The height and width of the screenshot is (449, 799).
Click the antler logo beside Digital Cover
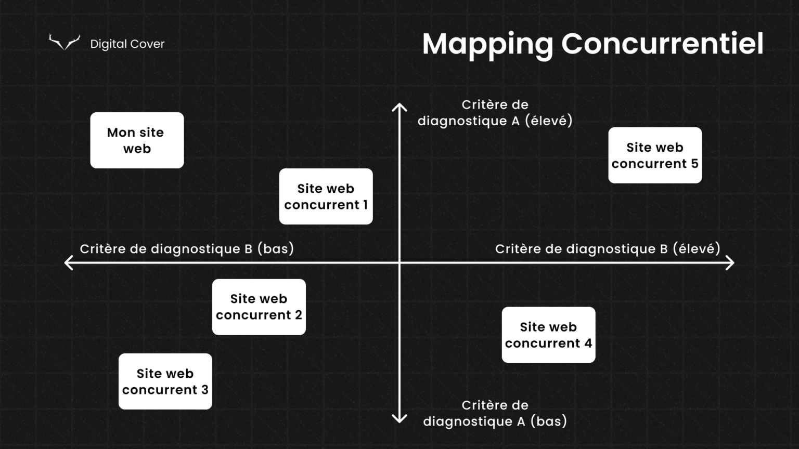click(65, 43)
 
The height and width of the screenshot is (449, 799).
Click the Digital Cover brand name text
click(127, 44)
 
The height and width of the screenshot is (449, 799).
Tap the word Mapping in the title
click(487, 44)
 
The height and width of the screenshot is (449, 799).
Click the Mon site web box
click(137, 140)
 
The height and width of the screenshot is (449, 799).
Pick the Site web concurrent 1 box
click(326, 196)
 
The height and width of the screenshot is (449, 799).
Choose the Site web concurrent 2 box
click(259, 307)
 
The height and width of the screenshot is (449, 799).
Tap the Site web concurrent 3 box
click(165, 381)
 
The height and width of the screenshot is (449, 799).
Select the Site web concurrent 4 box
click(548, 335)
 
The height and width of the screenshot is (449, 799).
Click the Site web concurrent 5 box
click(655, 155)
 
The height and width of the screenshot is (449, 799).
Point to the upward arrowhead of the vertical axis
click(399, 107)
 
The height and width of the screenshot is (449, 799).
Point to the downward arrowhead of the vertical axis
click(399, 419)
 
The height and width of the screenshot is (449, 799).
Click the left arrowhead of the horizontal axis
click(68, 262)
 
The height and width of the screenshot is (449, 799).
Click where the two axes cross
click(399, 262)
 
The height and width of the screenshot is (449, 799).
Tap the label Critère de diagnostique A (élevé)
click(495, 113)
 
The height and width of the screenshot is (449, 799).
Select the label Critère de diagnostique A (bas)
click(495, 413)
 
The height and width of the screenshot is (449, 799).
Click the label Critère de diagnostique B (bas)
click(187, 249)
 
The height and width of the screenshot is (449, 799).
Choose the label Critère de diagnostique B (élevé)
click(608, 249)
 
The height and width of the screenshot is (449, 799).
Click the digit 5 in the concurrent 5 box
click(694, 164)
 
